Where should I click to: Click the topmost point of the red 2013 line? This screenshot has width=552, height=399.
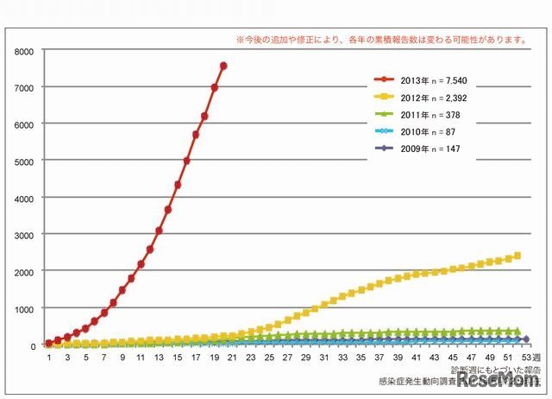[x=223, y=66]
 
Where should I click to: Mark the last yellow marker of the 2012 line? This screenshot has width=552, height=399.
[x=517, y=256]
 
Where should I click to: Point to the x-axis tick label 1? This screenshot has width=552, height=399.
[x=49, y=357]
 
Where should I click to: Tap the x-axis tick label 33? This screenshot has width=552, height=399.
[x=342, y=357]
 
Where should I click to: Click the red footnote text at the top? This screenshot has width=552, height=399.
[x=381, y=40]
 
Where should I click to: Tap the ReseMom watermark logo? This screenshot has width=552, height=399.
[x=492, y=380]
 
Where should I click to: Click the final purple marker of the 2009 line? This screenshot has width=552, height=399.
[x=526, y=339]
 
